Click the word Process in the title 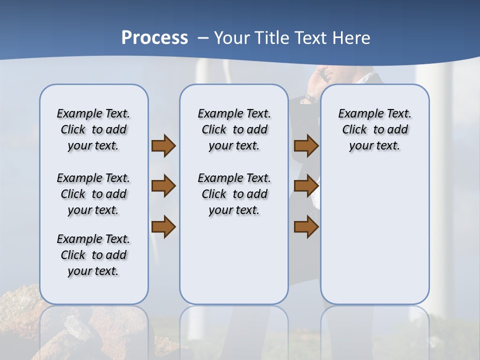(154, 37)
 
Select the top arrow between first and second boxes (163, 146)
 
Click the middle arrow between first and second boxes (163, 186)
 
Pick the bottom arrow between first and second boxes (163, 227)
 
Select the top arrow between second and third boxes (306, 146)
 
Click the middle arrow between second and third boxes (306, 186)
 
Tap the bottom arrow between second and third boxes (306, 227)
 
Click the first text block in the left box (93, 129)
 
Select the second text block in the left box (93, 194)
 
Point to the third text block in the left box (93, 255)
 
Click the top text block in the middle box (234, 129)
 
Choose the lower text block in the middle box (234, 194)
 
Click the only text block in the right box (374, 129)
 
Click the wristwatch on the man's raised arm (310, 98)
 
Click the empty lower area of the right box (374, 240)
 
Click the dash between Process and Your (203, 38)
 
